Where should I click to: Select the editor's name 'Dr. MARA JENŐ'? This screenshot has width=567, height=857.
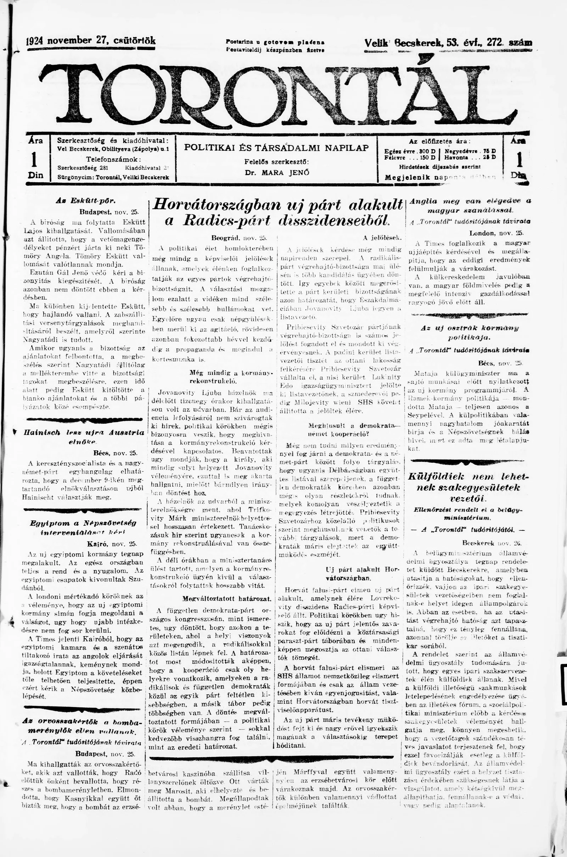point(277,173)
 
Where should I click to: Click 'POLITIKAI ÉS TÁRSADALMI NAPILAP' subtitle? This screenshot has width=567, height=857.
point(276,148)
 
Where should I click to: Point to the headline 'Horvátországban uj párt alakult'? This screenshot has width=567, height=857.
point(278,205)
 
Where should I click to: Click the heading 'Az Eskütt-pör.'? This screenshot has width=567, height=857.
point(85,200)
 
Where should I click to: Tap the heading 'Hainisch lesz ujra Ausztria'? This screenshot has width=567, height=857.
point(84,433)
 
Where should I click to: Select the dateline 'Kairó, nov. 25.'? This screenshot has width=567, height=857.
point(112,543)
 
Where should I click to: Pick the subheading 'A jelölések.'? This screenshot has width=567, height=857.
point(383,238)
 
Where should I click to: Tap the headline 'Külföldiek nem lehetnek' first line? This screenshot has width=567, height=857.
point(468,477)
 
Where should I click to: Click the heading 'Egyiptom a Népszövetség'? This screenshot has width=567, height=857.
point(83,523)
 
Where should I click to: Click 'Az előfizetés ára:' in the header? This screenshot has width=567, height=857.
point(439,142)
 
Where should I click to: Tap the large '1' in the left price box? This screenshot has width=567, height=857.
point(35,159)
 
